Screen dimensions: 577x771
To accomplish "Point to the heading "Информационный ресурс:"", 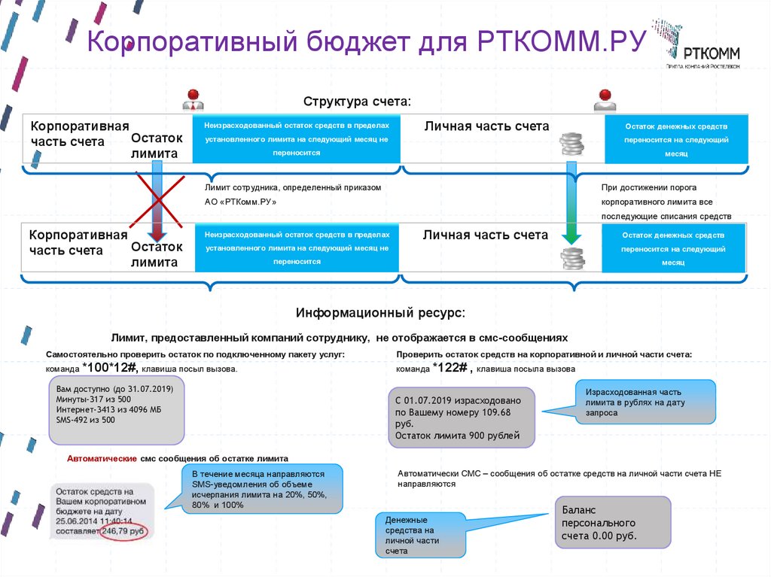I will (380, 311).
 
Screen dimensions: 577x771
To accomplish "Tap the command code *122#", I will (450, 367).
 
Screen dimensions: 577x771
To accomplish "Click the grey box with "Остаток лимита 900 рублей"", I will (461, 418).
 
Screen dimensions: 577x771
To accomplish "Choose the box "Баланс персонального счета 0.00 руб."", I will (611, 522).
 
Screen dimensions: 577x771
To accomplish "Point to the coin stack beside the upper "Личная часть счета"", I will (573, 146).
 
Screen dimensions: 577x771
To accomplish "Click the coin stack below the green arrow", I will (573, 260).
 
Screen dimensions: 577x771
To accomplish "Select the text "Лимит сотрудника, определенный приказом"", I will (293, 187).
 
